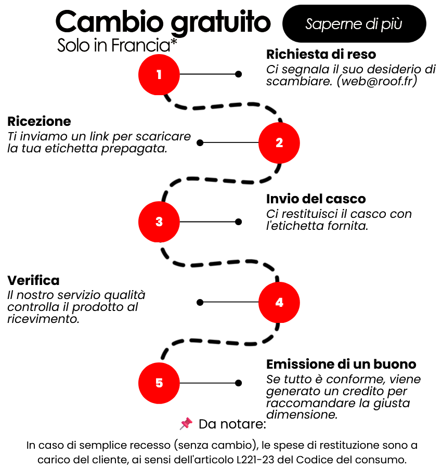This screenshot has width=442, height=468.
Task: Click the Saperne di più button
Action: click(354, 23)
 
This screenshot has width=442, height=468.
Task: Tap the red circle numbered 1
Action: click(159, 74)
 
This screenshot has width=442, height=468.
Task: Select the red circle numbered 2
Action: click(279, 143)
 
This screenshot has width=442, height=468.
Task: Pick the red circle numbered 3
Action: click(159, 222)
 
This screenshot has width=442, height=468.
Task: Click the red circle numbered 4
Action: click(279, 302)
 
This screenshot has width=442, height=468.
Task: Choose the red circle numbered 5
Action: click(159, 383)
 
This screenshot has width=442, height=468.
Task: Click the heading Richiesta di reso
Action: click(321, 54)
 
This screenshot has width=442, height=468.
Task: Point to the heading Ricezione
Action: click(39, 122)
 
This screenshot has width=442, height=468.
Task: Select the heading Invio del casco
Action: click(316, 199)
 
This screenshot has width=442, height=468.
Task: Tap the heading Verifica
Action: click(33, 280)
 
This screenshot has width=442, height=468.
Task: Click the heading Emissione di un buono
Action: click(341, 364)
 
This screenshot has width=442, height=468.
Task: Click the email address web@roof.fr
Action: click(377, 81)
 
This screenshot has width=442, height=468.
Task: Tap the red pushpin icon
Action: click(186, 423)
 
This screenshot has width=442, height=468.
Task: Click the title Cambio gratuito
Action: click(163, 22)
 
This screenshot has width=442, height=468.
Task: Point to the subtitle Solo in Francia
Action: click(117, 45)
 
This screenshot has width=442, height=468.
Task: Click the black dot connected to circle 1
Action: click(238, 74)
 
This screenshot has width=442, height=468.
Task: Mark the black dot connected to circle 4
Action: click(200, 302)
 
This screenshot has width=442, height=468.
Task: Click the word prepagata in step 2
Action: click(134, 149)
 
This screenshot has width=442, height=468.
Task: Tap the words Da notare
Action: click(232, 424)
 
